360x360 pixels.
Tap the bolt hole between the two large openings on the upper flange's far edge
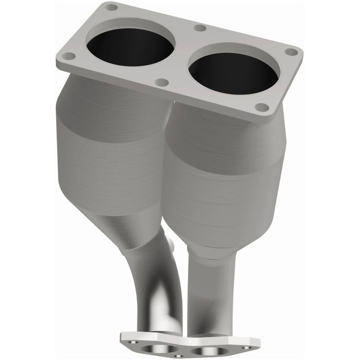[200, 28]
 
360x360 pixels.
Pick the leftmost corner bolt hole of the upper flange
[68, 56]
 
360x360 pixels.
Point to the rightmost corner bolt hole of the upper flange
[292, 52]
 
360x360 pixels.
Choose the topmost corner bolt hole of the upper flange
[111, 7]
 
